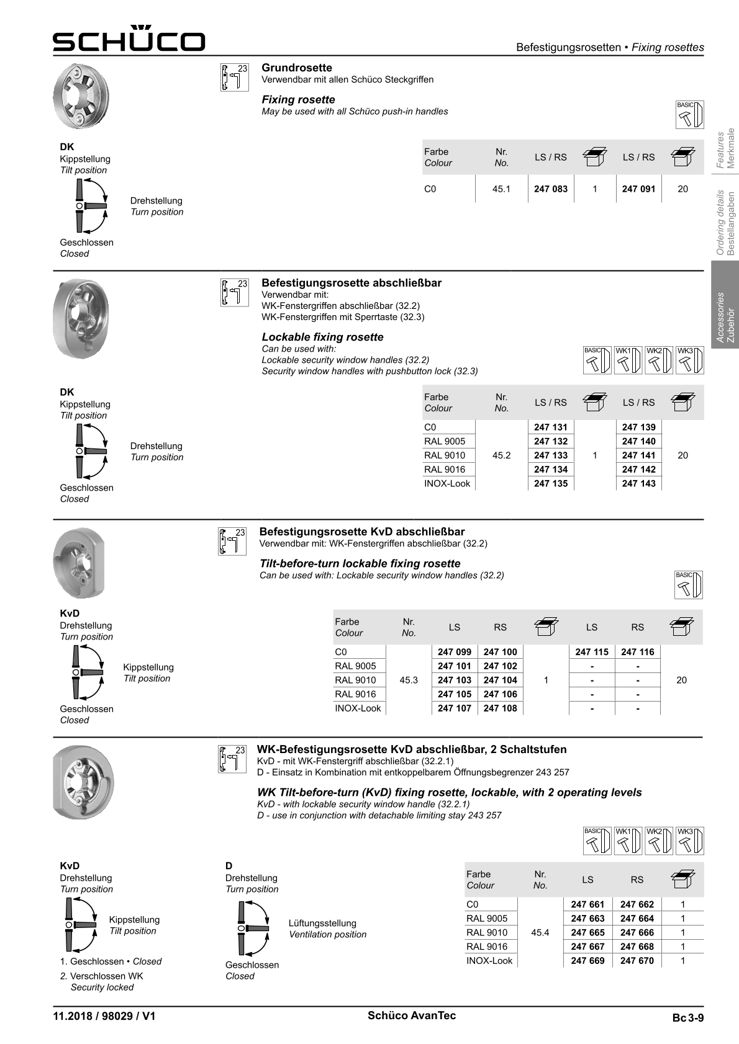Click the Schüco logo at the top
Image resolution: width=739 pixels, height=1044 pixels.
(129, 39)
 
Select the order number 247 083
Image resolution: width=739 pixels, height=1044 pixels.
(550, 189)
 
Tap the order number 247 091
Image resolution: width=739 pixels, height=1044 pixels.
(638, 189)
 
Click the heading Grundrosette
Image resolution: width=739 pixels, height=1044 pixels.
(297, 68)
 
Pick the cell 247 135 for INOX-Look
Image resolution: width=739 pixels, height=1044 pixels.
(550, 484)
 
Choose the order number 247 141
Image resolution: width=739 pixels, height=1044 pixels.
(638, 455)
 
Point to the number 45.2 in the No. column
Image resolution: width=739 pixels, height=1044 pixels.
(501, 455)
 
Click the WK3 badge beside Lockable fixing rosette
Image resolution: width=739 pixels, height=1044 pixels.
(690, 360)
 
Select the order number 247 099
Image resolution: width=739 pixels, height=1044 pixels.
(454, 652)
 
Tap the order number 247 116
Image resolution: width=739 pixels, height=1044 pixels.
(637, 652)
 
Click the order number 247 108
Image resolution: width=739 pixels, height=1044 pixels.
(500, 708)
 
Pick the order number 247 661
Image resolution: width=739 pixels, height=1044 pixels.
(587, 904)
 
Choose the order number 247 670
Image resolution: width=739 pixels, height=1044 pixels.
(637, 961)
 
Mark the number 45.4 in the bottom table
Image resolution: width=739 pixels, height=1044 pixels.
(540, 932)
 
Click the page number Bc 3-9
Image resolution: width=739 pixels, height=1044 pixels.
(687, 1018)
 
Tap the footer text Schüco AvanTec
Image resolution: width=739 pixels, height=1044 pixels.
(411, 1015)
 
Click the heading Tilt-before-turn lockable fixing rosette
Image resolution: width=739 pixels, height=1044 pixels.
(360, 563)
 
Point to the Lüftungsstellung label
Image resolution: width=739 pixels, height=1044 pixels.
(322, 923)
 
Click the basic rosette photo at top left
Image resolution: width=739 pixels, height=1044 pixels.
(81, 97)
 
